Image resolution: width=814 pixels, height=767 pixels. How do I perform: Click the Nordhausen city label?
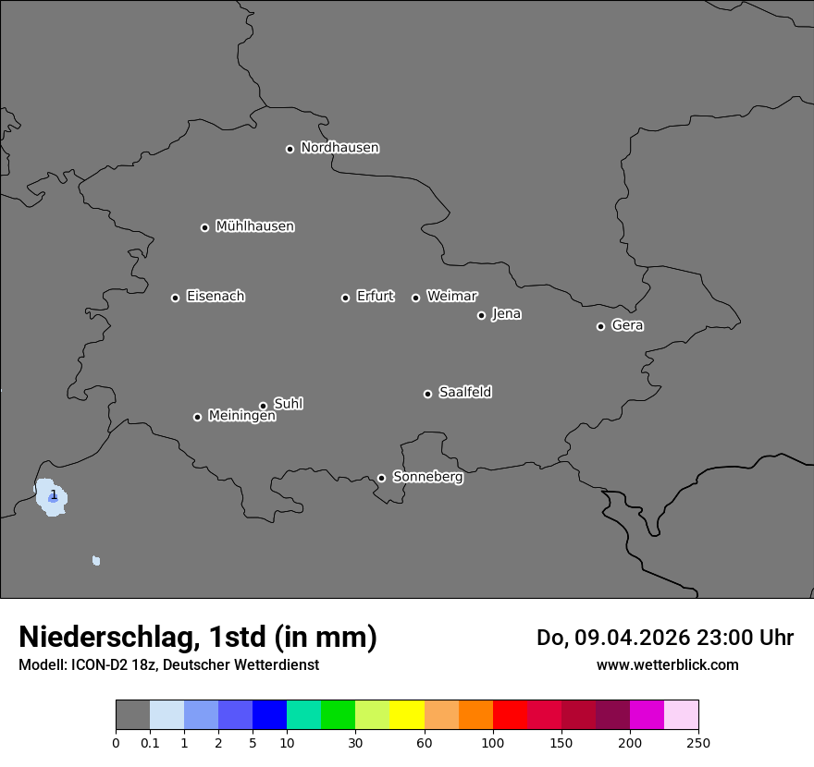[x=339, y=148]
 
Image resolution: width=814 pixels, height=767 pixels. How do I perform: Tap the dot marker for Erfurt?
[x=345, y=298]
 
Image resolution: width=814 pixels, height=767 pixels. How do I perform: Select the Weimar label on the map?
[x=451, y=297]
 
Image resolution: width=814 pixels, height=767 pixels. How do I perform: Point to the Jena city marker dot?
[x=481, y=315]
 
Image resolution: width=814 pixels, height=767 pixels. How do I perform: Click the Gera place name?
[x=627, y=325]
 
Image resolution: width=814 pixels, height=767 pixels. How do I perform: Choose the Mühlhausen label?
[x=254, y=226]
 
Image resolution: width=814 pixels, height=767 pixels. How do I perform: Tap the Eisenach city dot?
[x=175, y=298]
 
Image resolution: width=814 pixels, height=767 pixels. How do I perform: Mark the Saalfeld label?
[x=465, y=393]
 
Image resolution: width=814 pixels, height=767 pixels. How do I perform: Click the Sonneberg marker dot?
[x=381, y=478]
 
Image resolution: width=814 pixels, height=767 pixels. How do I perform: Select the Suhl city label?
[x=289, y=404]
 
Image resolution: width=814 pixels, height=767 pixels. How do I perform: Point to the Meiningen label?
[x=241, y=417]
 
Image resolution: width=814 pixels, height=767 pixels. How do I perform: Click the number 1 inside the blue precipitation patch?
[x=54, y=495]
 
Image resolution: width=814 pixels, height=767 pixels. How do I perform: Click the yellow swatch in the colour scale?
[x=406, y=715]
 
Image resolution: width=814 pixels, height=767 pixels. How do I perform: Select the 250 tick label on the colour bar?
[x=698, y=742]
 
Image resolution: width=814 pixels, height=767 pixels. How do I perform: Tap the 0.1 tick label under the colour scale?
[x=150, y=742]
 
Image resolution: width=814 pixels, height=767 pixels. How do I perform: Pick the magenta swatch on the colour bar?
[x=647, y=715]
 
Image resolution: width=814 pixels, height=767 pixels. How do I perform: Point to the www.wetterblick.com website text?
[x=667, y=664]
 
